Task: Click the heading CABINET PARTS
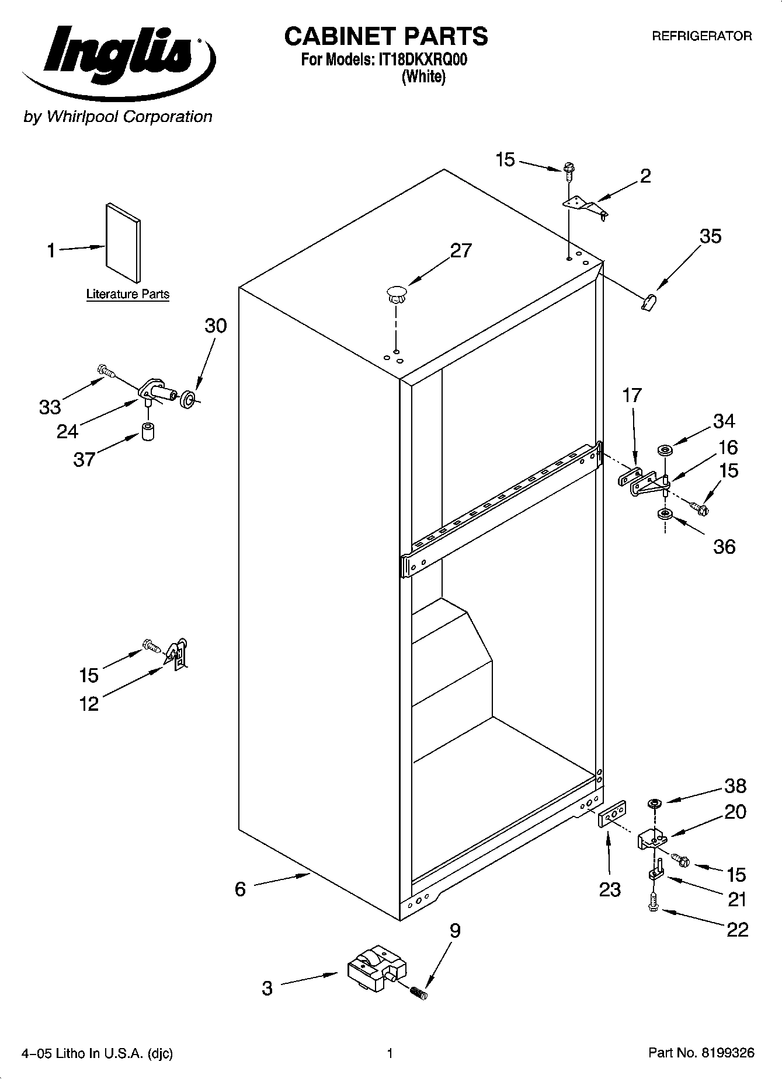(385, 36)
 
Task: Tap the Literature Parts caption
(127, 294)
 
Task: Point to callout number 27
(460, 251)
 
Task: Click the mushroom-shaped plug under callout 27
(396, 294)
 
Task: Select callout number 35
(710, 236)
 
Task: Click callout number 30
(216, 326)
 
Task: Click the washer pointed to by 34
(665, 450)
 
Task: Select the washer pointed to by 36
(665, 514)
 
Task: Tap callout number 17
(632, 396)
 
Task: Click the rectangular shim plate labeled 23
(613, 813)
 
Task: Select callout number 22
(737, 929)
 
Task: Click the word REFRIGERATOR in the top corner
(701, 36)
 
